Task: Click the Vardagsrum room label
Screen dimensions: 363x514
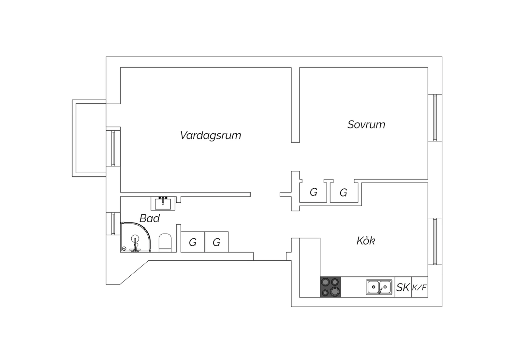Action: click(x=210, y=135)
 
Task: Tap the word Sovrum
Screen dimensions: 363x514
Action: click(x=366, y=124)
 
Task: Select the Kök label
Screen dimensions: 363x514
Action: click(x=366, y=241)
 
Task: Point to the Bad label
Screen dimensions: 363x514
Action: click(x=149, y=218)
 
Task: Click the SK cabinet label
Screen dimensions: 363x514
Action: click(x=403, y=287)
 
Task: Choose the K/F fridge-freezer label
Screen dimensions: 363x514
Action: click(x=419, y=287)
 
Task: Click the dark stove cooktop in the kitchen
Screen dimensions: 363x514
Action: click(x=331, y=287)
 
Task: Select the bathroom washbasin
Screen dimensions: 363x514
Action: click(x=163, y=203)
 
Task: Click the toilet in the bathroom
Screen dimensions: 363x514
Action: click(x=165, y=243)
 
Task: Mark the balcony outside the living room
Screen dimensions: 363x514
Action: click(x=89, y=138)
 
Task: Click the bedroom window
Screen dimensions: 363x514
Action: click(x=435, y=117)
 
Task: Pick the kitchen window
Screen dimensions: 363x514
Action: click(x=435, y=241)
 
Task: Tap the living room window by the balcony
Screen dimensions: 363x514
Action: click(x=113, y=147)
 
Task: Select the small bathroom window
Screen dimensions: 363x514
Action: click(x=113, y=224)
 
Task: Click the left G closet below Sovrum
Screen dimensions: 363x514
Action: click(x=313, y=192)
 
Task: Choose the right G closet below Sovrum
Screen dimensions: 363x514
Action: click(x=343, y=193)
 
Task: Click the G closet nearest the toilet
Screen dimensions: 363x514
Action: click(x=193, y=242)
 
